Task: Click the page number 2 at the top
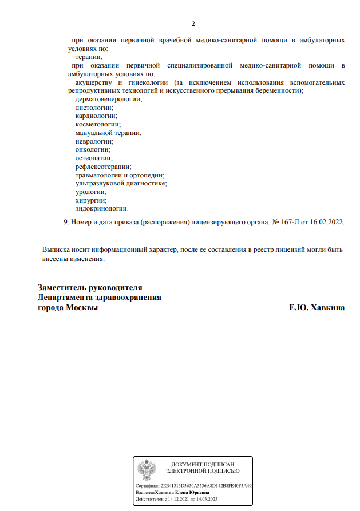point(193,24)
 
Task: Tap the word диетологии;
point(94,107)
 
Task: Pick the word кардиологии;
point(96,116)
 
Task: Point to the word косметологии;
point(98,124)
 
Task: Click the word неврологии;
point(94,141)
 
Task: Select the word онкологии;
point(93,149)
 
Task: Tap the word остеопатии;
point(94,157)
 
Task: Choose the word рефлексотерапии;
point(103,166)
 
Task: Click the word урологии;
point(90,192)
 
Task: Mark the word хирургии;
point(90,200)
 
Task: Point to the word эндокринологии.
point(101,209)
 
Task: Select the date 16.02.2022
point(327,221)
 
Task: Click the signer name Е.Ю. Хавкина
point(317,307)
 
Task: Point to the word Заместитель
point(63,287)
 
